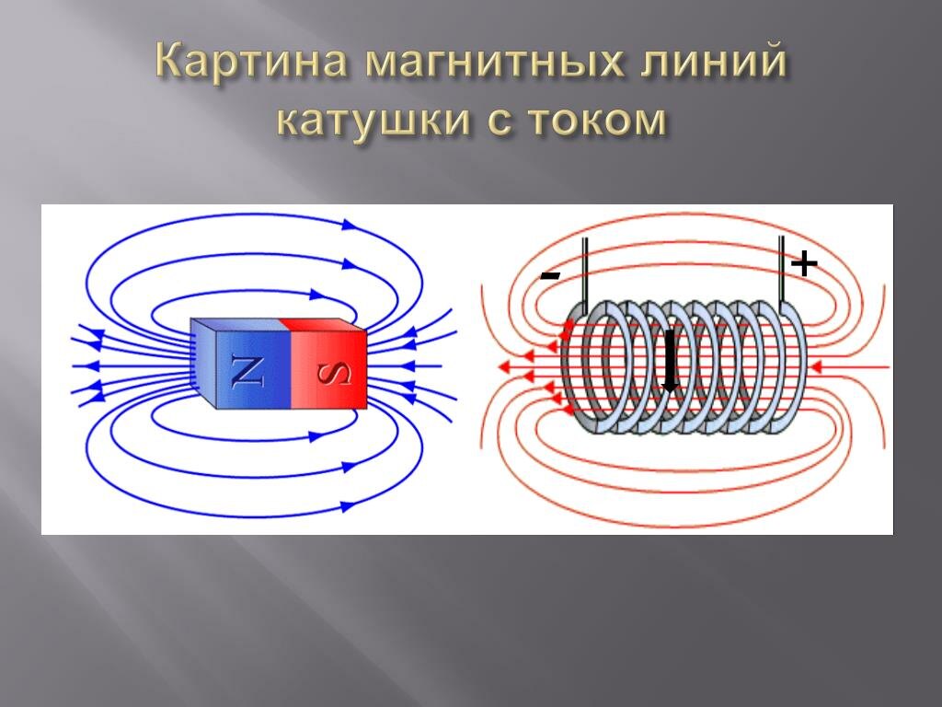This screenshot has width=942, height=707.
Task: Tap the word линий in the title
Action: coord(717,64)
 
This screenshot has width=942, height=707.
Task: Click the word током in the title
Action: coord(599,122)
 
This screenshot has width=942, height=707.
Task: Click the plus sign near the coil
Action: coord(803,264)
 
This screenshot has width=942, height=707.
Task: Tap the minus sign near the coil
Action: coord(550,274)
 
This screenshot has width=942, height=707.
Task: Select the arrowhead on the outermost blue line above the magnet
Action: coord(349,224)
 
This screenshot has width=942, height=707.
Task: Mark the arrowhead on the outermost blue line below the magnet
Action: coord(349,505)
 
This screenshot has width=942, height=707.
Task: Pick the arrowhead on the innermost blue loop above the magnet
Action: coord(342,295)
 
